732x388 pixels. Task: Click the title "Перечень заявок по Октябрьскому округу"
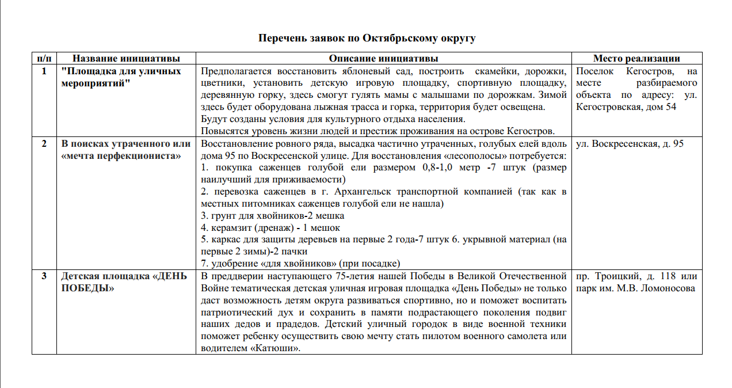tap(367, 38)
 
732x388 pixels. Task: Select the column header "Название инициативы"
tap(126, 58)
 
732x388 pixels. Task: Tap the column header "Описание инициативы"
tap(383, 58)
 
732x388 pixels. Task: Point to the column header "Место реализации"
tap(636, 58)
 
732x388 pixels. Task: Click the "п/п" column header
tap(44, 58)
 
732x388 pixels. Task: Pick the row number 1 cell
tap(44, 71)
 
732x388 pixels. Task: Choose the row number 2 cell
tap(44, 144)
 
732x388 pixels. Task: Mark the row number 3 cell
tap(44, 276)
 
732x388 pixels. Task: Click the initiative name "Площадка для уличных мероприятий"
tap(121, 77)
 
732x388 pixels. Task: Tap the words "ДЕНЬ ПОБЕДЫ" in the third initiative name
tap(124, 282)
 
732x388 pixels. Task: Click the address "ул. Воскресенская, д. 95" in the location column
tap(630, 144)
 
